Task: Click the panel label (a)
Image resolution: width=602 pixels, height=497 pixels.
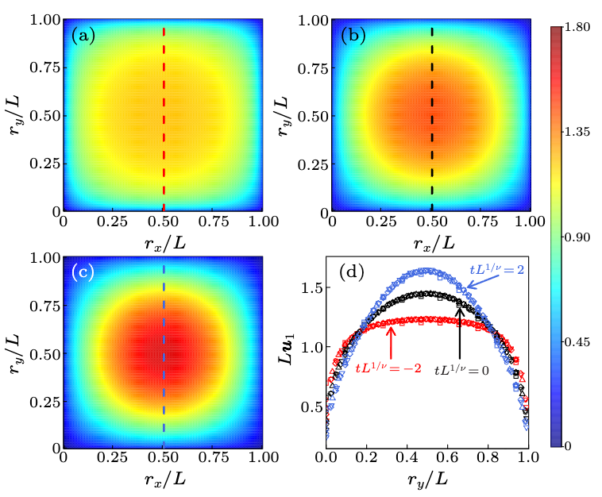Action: [83, 36]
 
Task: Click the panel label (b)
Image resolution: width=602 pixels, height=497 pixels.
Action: [353, 36]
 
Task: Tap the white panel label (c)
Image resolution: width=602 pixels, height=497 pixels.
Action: [83, 272]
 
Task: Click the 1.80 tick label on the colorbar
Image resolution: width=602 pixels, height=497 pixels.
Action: [577, 28]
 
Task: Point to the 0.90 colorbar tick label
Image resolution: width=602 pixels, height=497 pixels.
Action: [577, 237]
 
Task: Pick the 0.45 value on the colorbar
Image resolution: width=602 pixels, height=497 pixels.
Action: [577, 342]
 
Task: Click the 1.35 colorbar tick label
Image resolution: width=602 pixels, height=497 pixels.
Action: [577, 132]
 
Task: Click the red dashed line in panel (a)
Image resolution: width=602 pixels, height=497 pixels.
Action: [164, 119]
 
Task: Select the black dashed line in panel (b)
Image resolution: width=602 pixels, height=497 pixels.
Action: [432, 119]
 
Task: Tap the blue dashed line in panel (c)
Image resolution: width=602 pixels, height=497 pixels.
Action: [164, 356]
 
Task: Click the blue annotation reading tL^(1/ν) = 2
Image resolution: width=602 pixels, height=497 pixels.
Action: [496, 269]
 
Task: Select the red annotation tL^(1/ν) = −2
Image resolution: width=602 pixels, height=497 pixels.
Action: [388, 368]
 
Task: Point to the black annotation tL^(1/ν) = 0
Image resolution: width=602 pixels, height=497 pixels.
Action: [461, 370]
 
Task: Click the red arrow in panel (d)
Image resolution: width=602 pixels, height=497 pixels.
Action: [391, 343]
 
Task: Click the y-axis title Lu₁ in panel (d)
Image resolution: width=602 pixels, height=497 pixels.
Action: [286, 349]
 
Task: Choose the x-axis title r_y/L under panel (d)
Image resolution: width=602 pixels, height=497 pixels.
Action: [427, 479]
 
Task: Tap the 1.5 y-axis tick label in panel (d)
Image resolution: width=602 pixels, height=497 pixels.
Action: [311, 288]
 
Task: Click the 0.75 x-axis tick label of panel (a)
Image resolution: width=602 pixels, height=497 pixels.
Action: [214, 222]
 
